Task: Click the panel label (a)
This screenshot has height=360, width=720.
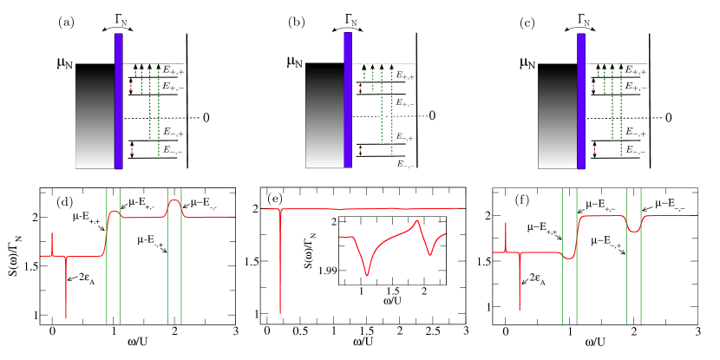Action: [65, 23]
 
